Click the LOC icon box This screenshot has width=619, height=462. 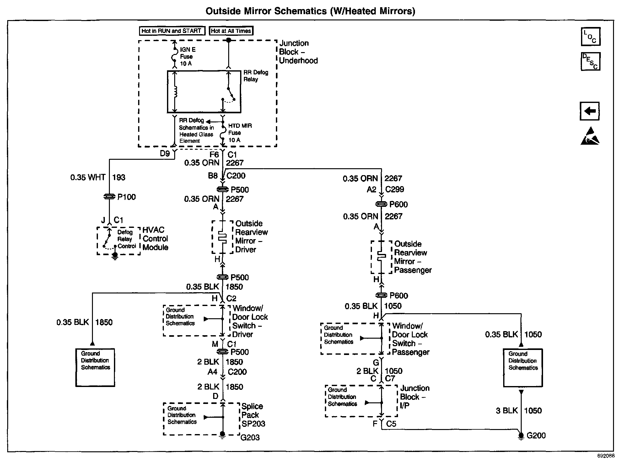[x=590, y=36]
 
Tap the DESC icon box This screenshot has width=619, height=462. [x=590, y=61]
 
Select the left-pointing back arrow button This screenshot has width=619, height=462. [x=589, y=111]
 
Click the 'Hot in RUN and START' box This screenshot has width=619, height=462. [x=171, y=31]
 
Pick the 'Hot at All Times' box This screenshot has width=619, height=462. [x=231, y=31]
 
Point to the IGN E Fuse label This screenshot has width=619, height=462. [x=187, y=56]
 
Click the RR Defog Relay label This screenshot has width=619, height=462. [x=256, y=76]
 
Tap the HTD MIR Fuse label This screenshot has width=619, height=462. [x=240, y=133]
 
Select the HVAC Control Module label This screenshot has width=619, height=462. [x=155, y=239]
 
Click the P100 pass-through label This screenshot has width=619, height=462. [x=126, y=197]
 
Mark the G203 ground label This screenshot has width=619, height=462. [x=250, y=437]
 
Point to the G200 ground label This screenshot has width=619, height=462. [x=536, y=435]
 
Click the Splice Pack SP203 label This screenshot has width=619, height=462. [x=253, y=415]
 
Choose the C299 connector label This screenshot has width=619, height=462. [x=395, y=189]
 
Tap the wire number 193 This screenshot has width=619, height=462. [x=119, y=177]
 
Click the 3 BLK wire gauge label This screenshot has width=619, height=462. [x=507, y=411]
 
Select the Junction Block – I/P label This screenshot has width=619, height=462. [x=414, y=397]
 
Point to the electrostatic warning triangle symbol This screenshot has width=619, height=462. [x=590, y=136]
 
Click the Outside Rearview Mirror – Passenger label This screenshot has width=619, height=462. [x=412, y=257]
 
